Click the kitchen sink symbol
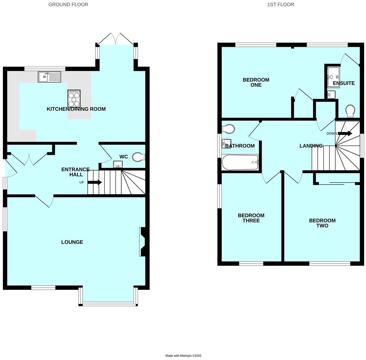[49, 77]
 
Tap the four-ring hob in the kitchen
[74, 97]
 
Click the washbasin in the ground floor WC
[118, 164]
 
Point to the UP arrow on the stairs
[95, 182]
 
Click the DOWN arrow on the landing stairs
[345, 134]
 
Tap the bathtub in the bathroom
[240, 162]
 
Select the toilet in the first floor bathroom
[228, 129]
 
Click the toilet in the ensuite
[350, 111]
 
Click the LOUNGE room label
[72, 242]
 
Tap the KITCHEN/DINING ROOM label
[76, 109]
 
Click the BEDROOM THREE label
[251, 218]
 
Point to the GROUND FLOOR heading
[68, 5]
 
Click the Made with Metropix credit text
[183, 356]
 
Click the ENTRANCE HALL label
[75, 172]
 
